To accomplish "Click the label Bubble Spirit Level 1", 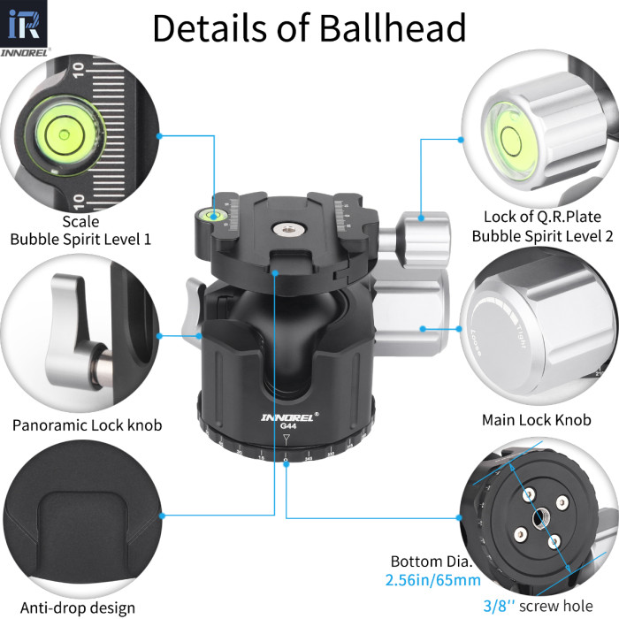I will (x=80, y=239).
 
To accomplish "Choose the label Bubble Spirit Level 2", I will (x=542, y=236).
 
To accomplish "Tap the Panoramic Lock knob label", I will (x=87, y=425).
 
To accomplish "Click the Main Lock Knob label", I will (x=536, y=420).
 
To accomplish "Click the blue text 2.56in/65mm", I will (x=432, y=581).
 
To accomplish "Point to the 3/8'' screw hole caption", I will (x=552, y=606).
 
